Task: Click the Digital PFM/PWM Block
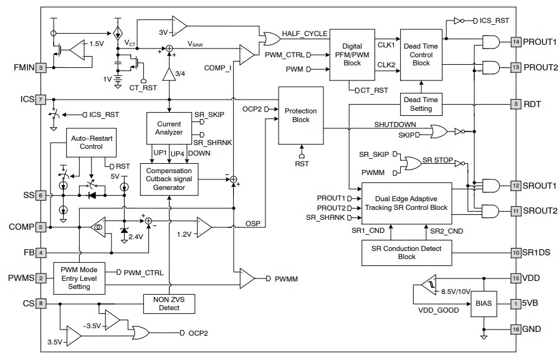coord(351,54)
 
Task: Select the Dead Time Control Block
coord(421,54)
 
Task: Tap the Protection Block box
coord(300,115)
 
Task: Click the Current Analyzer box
coord(169,128)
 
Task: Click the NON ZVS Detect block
coord(169,303)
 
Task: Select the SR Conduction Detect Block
coord(406,252)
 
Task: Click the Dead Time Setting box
coord(421,103)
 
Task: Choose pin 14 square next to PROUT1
coord(515,42)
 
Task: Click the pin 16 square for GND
coord(515,329)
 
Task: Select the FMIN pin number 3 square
coord(41,68)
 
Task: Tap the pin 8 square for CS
coord(41,304)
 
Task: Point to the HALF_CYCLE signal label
coord(305,34)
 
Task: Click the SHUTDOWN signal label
coord(395,124)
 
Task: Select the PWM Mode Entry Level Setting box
coord(79,278)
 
